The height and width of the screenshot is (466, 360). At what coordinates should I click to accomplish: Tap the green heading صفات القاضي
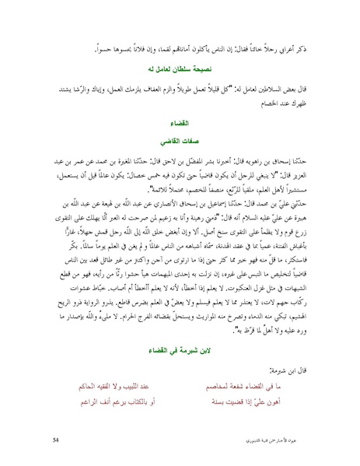click(x=180, y=143)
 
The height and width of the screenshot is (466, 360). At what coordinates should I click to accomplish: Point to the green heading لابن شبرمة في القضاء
click(x=180, y=352)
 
